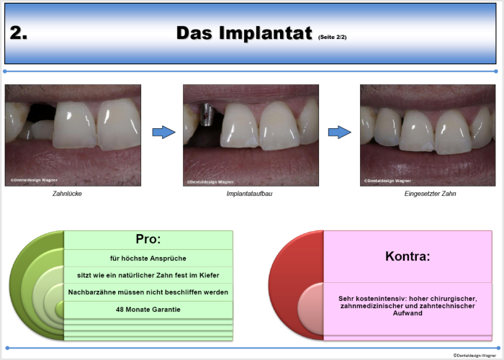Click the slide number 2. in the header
coord(18,33)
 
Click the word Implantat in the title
coord(266,33)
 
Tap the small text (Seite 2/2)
coord(333,37)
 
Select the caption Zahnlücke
coord(67,194)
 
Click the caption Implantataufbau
coord(249,194)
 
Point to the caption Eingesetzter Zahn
coord(430,194)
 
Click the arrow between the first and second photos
coord(163,132)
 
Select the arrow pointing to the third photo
coord(340,132)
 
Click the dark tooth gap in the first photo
coord(41,112)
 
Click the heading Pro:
coord(148,239)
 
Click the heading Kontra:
coord(408,256)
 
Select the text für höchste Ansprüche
coord(148,258)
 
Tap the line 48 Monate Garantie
coord(148,309)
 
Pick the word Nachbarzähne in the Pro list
coord(87,292)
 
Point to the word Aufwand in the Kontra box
coord(408,312)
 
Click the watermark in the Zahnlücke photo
coord(34,180)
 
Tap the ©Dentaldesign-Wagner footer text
coord(474,355)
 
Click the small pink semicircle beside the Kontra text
coord(311,309)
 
